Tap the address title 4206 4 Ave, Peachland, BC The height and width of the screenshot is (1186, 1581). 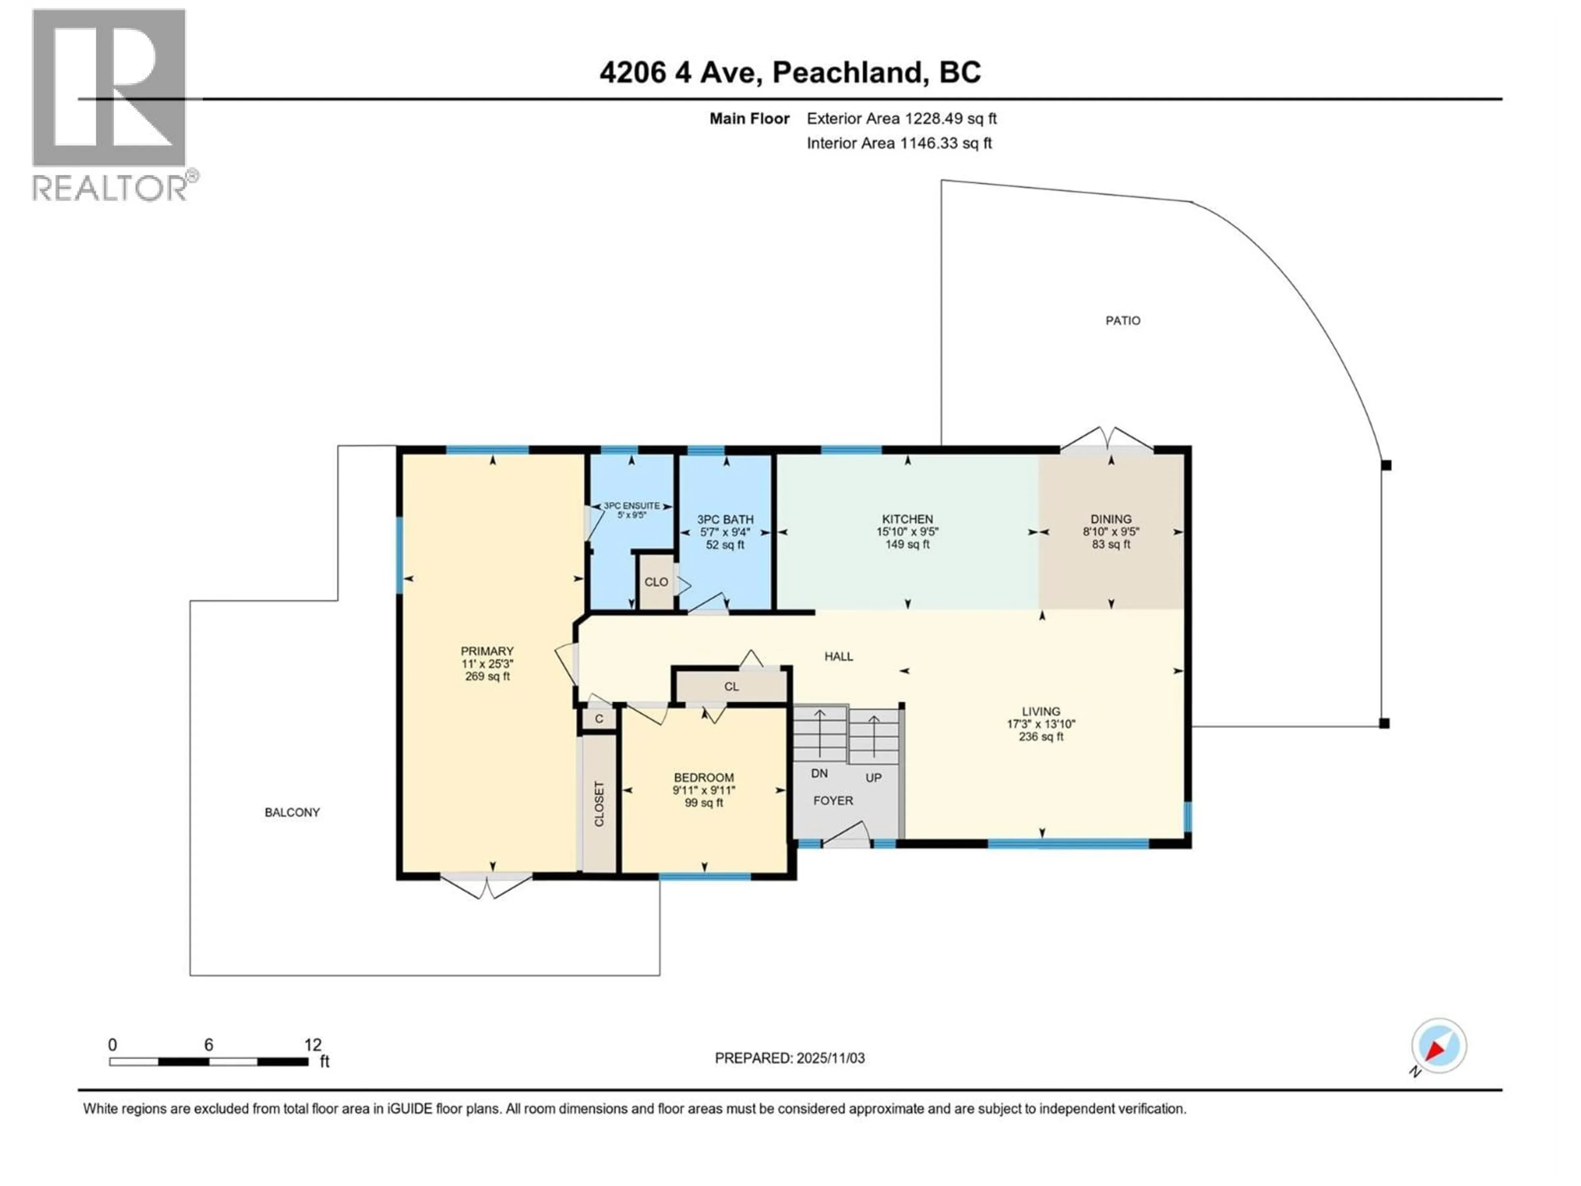(x=790, y=72)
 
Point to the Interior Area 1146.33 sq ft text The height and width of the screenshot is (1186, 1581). (x=899, y=143)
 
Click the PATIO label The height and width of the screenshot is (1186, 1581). (x=1123, y=321)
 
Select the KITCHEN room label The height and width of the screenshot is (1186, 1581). (x=907, y=519)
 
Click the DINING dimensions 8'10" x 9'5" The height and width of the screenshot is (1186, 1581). (x=1111, y=532)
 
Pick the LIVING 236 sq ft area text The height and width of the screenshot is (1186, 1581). (x=1041, y=736)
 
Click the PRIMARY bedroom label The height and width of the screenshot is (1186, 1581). (x=487, y=651)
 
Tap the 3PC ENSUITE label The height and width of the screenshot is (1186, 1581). (x=632, y=505)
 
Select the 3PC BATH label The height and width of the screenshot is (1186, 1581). (x=725, y=520)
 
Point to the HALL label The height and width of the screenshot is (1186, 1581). (x=838, y=656)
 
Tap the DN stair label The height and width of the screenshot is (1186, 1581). (x=819, y=773)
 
